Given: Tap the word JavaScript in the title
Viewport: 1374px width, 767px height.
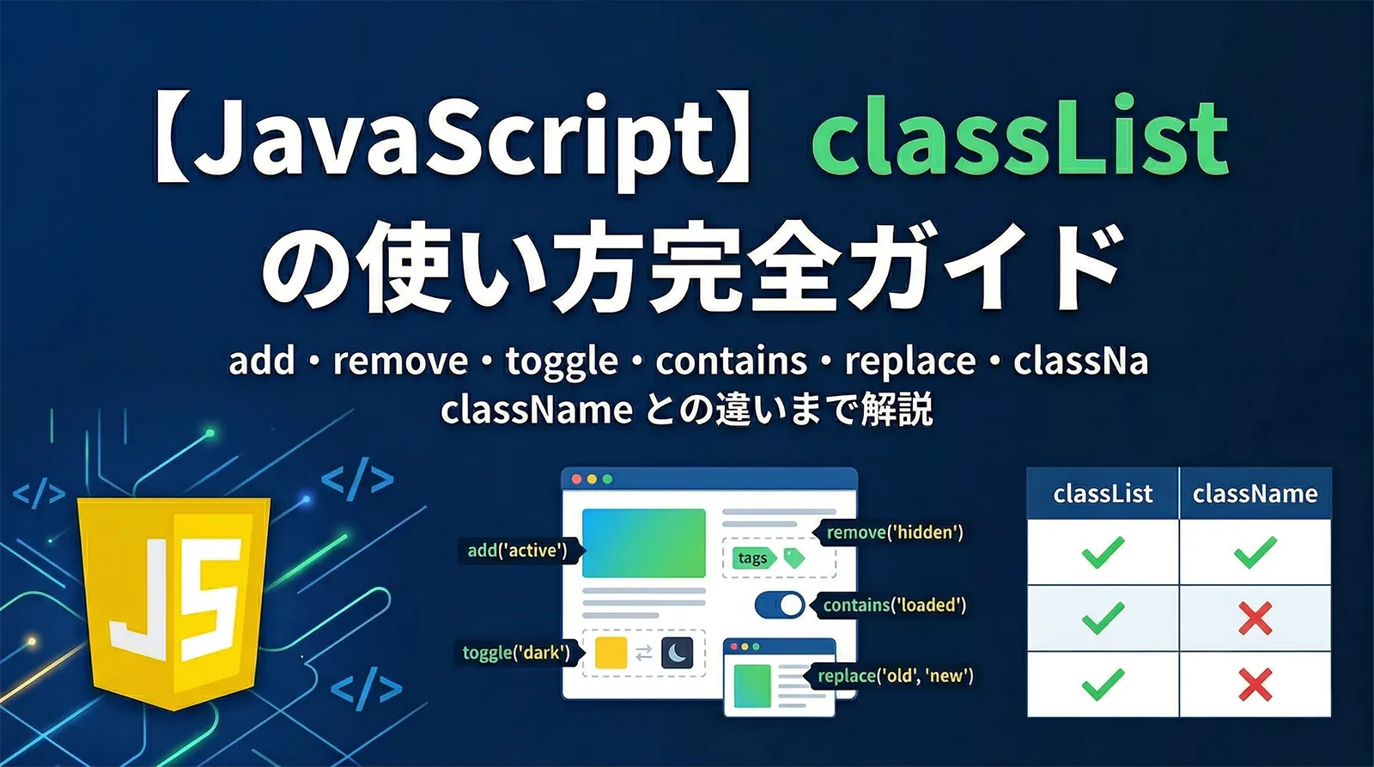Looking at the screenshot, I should [455, 137].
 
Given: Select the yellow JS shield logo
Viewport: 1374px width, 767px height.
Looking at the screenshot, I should [174, 601].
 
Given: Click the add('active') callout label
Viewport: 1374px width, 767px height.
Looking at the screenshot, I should [517, 551].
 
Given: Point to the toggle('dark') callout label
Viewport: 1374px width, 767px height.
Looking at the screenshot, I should [516, 653].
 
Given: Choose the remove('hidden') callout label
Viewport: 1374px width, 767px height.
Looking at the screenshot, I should [894, 533].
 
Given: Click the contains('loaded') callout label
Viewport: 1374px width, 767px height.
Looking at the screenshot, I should [894, 606].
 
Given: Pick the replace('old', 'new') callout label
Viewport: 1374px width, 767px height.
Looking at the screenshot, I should [895, 676].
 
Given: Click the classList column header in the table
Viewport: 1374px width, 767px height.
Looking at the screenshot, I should [1103, 494].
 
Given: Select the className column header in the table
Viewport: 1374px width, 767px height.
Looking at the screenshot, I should [1255, 494].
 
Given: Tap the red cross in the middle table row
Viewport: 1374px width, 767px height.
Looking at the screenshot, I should [1255, 618].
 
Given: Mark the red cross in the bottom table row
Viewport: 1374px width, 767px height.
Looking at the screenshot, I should [1255, 685].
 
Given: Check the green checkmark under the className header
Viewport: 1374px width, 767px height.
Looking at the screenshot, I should [1255, 552].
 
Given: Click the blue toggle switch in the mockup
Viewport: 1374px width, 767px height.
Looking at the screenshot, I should [780, 606].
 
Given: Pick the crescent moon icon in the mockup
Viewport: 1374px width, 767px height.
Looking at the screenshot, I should [678, 654].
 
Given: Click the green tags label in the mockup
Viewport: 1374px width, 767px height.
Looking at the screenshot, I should [753, 558].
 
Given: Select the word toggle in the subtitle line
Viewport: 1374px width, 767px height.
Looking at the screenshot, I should [562, 362].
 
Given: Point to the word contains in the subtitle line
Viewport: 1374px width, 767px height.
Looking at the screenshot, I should [731, 362].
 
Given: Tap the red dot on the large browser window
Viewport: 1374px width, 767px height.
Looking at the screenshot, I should [577, 479].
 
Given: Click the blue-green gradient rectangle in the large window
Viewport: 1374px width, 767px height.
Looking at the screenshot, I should [643, 543].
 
